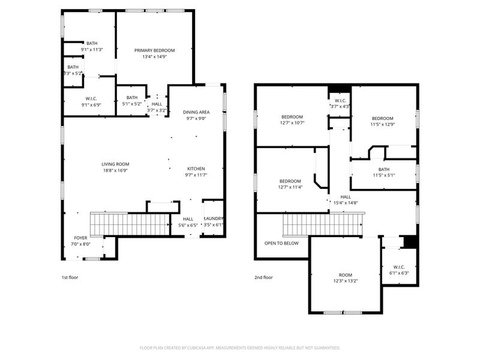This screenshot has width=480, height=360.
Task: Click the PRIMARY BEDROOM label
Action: [154, 50]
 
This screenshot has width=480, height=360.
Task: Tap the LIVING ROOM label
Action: [115, 164]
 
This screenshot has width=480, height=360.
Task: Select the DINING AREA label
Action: [196, 112]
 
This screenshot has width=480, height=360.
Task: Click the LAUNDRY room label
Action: [214, 218]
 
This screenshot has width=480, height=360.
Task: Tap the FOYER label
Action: [80, 238]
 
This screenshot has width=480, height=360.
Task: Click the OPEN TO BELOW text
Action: [281, 243]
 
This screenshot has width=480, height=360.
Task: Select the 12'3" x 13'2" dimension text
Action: [345, 281]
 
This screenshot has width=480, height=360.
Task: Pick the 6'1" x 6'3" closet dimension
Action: [399, 273]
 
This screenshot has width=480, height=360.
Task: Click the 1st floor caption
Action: [70, 277]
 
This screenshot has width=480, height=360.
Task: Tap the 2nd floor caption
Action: [263, 277]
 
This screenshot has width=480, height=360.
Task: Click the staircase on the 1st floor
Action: [127, 224]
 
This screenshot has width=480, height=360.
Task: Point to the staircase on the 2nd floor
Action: [323, 225]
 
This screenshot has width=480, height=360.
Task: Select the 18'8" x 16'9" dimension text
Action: [115, 170]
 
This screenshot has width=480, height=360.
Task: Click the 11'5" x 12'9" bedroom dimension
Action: [382, 125]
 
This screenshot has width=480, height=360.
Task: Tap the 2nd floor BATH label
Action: [384, 169]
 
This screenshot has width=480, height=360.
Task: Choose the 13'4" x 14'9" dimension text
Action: [154, 57]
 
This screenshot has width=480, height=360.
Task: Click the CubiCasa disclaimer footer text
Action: [240, 347]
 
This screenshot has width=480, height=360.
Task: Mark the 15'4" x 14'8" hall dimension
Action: [346, 203]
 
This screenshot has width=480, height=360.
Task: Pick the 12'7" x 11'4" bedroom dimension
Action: [290, 187]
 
